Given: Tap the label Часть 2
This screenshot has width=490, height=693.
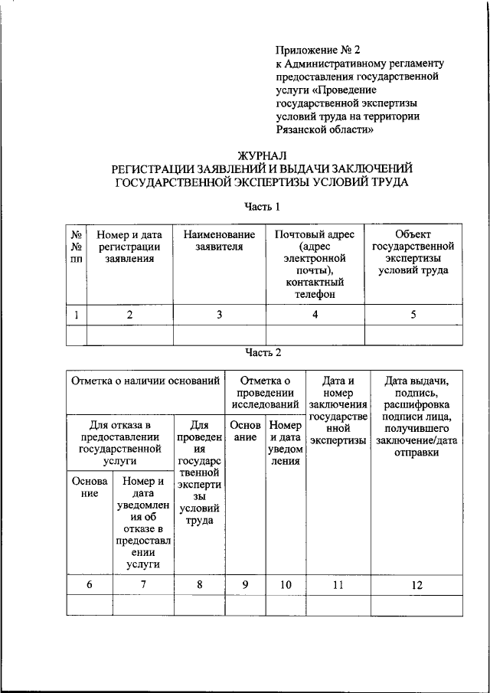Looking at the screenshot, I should point(263,352).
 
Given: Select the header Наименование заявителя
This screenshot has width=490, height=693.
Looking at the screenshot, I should point(219,240).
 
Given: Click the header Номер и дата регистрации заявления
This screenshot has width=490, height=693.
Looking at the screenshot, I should point(129,246).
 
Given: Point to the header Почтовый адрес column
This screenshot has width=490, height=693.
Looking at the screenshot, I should point(315,263).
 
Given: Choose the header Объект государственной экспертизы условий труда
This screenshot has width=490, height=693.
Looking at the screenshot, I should point(413,251).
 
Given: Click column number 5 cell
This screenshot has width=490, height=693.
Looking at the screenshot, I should point(413,314).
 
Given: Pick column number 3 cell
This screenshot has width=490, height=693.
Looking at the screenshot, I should point(219,314).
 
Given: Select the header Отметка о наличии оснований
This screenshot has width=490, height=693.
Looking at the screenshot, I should point(146,380).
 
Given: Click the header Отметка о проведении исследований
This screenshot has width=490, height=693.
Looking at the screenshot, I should point(265,392).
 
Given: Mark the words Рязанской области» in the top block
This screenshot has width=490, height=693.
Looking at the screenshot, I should point(325,130).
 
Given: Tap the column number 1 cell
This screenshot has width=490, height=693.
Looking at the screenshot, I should point(77,314).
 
